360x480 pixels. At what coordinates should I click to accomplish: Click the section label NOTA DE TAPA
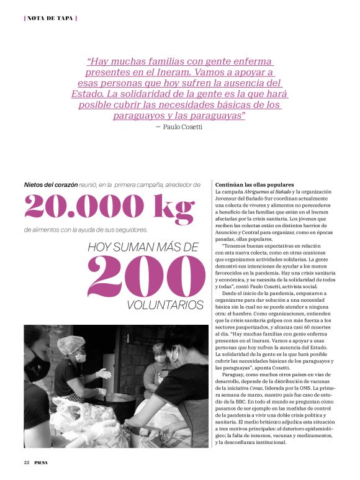[50, 17]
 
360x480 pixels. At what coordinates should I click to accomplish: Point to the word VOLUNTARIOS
[164, 306]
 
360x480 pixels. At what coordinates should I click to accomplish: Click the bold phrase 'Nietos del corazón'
[50, 184]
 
